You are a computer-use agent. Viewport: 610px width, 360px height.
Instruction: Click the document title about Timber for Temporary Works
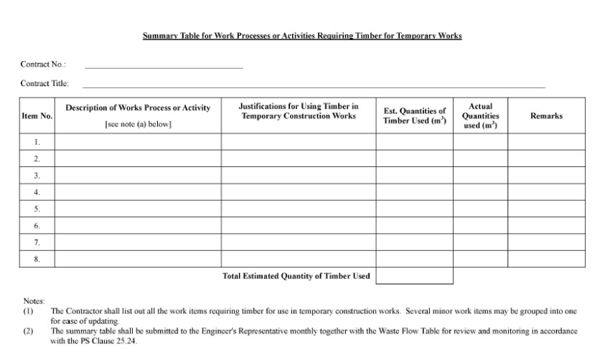[302, 36]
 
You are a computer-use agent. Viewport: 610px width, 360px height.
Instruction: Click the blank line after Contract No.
[164, 67]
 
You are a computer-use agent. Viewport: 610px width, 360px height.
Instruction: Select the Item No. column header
[37, 116]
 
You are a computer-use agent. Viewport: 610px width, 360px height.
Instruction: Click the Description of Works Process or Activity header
[138, 108]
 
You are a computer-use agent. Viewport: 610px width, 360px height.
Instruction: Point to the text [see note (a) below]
[138, 124]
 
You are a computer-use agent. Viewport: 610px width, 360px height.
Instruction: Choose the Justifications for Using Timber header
[298, 111]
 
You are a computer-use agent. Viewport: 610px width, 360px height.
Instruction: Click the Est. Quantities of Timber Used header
[414, 116]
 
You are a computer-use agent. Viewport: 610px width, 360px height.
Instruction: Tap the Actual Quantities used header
[480, 116]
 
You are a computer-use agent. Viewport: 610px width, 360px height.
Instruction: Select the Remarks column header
[546, 116]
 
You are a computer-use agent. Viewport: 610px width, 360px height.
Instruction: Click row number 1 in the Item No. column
[37, 142]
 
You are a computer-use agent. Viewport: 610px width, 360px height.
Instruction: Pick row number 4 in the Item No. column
[37, 192]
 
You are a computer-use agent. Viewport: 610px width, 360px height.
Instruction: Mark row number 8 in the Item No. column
[37, 259]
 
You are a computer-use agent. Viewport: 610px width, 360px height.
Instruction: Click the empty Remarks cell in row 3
[546, 176]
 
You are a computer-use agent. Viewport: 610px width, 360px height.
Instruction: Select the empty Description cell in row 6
[138, 226]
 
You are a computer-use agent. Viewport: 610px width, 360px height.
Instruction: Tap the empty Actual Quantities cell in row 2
[480, 158]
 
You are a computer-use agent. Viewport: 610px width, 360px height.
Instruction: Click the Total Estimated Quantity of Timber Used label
[296, 276]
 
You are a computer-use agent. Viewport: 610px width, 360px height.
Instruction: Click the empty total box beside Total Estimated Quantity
[414, 276]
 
